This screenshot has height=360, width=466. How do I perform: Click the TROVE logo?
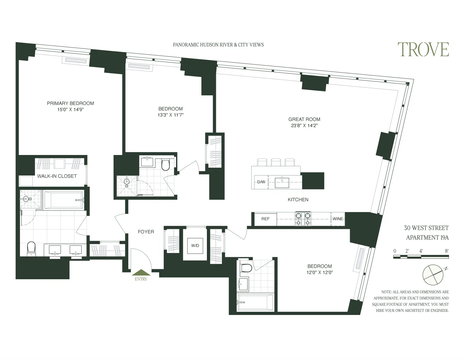click(423, 50)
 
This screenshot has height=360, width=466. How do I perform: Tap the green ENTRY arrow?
click(141, 272)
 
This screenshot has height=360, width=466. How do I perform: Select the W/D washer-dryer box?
click(195, 245)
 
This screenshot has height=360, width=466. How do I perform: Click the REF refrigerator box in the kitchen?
click(265, 219)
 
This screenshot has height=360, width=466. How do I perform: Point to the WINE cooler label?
click(338, 219)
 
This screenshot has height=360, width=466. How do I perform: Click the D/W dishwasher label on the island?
click(261, 182)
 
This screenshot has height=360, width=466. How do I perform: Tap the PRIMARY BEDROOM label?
click(70, 103)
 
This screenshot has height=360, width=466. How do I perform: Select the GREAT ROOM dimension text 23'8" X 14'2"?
click(304, 126)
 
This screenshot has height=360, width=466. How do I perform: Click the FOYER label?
click(146, 232)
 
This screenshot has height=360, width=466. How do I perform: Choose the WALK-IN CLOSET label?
click(57, 176)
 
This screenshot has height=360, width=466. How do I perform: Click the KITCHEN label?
click(298, 200)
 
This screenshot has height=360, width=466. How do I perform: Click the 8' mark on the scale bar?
click(446, 251)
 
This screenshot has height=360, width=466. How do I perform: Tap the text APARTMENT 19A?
click(427, 238)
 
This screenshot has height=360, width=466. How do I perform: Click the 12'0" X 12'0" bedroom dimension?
click(319, 273)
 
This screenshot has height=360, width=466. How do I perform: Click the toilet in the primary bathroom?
click(31, 248)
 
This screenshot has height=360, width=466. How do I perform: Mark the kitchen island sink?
click(282, 182)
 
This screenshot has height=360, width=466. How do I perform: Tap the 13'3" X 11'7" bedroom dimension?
click(170, 115)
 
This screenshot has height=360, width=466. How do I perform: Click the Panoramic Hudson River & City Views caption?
click(218, 45)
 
